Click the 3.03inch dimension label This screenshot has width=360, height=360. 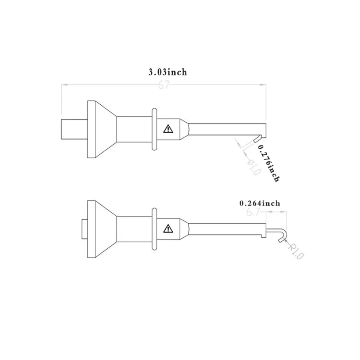168,72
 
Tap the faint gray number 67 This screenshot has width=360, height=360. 164,85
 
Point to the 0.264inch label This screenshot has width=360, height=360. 260,203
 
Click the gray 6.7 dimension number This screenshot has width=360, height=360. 253,212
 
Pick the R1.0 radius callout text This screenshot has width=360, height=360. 296,252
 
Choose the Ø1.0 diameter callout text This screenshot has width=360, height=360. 254,167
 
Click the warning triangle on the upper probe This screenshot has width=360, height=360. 168,129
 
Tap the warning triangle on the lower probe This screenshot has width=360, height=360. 168,229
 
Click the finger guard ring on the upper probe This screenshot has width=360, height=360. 154,129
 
